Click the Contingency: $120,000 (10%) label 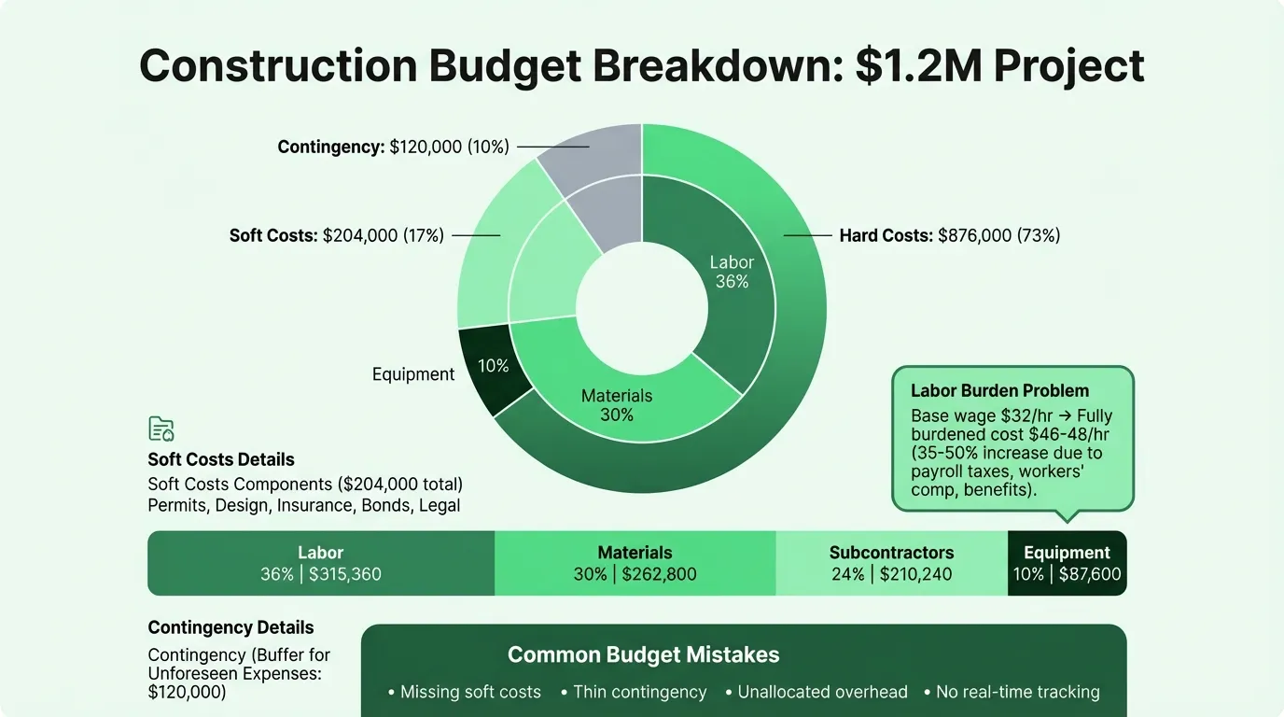[x=393, y=147]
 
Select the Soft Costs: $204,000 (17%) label [x=337, y=235]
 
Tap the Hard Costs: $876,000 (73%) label [x=950, y=235]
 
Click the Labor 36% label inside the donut [x=732, y=272]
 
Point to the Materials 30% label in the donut [x=617, y=405]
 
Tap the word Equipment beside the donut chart [x=413, y=374]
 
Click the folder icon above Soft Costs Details [x=161, y=429]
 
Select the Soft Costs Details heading [x=221, y=459]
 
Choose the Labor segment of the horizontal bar [x=321, y=563]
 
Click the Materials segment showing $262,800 [x=635, y=563]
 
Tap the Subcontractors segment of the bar [x=891, y=563]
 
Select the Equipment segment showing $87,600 [x=1067, y=563]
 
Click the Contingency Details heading [x=230, y=627]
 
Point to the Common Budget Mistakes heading [x=643, y=654]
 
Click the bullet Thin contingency [x=639, y=692]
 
